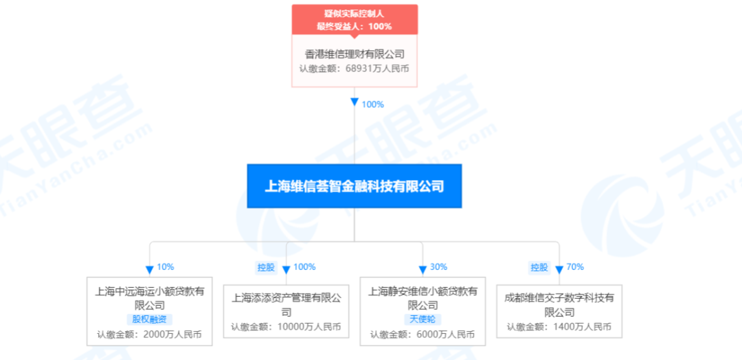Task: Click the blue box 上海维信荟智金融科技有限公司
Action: coord(354,186)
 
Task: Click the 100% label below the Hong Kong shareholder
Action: coord(372,104)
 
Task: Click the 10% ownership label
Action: coord(165,267)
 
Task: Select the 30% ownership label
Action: coord(438,267)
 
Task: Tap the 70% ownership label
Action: coord(575,267)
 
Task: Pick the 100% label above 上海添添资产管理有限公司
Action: coord(304,267)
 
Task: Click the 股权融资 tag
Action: coord(150,319)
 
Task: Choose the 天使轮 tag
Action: coord(423,319)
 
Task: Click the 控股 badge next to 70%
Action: coord(539,268)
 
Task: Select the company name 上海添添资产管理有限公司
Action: coord(286,305)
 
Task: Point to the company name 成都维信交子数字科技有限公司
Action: coord(559,305)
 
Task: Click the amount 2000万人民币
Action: coord(169,335)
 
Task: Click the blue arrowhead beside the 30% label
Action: coord(423,270)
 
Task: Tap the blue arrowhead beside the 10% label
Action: coord(150,270)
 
